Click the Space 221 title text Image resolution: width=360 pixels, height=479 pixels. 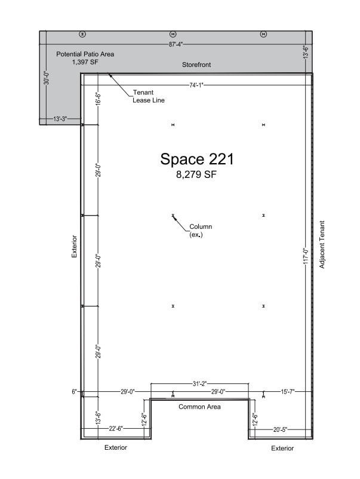pos(196,159)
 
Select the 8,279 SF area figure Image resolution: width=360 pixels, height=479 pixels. pos(196,176)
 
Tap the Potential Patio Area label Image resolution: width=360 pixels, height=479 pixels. pos(85,54)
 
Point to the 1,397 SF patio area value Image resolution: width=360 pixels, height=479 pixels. pos(85,62)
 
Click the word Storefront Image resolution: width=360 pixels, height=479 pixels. pos(196,65)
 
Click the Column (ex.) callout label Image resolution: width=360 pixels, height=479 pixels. pos(201,231)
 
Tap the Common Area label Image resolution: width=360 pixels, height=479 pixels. pos(199,407)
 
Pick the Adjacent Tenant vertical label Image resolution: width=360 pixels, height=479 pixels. pos(322,244)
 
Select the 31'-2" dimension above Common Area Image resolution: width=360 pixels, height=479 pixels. pos(199,383)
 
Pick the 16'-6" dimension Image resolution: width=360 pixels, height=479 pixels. pos(99,99)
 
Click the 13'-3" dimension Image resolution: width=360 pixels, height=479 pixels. pos(60,119)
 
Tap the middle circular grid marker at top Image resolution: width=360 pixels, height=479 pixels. pos(173,34)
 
